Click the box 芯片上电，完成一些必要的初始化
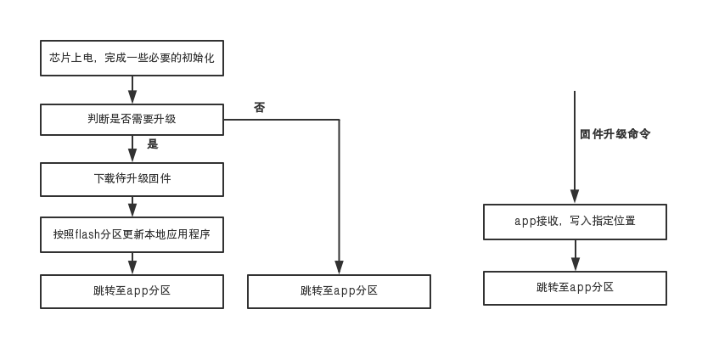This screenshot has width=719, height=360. click(x=132, y=58)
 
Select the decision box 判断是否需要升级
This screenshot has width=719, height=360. click(x=132, y=119)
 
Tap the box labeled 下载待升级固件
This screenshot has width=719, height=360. click(x=132, y=179)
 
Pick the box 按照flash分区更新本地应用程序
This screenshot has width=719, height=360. click(x=132, y=234)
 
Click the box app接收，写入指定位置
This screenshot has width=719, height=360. click(x=575, y=221)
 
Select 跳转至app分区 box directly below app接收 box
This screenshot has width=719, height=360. click(x=575, y=288)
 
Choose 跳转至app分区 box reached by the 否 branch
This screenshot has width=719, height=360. click(x=339, y=290)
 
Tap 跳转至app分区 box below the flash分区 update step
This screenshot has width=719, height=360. click(x=132, y=290)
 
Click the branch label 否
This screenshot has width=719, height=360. click(x=259, y=108)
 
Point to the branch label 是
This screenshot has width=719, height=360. click(x=153, y=144)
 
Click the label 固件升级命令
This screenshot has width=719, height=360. click(x=615, y=134)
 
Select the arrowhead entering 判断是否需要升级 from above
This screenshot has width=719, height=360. click(x=132, y=98)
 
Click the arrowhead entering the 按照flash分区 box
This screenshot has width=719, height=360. click(x=132, y=211)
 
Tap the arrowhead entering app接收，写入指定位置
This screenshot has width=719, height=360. click(x=575, y=198)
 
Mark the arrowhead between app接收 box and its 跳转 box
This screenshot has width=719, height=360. click(x=575, y=265)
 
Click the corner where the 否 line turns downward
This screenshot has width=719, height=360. click(x=340, y=120)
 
